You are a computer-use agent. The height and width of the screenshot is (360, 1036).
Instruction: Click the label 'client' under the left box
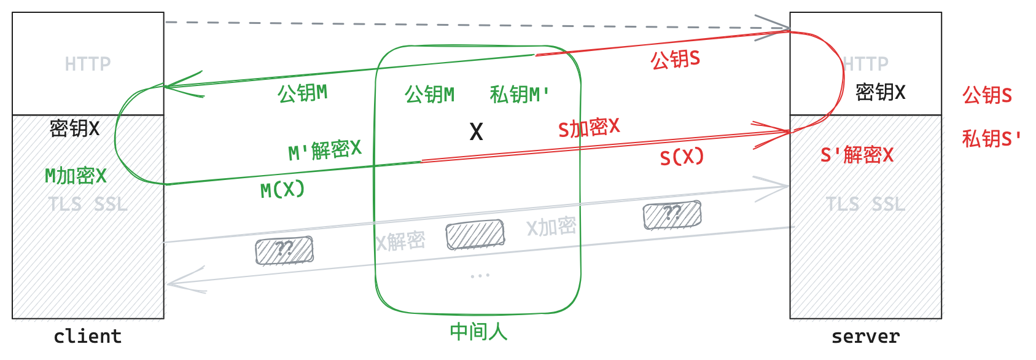point(88,337)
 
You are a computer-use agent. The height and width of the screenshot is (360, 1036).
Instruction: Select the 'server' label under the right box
point(865,337)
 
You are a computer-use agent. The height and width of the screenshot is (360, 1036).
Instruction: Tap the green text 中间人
point(478,332)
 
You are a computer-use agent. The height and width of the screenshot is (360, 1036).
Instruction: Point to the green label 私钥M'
point(519,95)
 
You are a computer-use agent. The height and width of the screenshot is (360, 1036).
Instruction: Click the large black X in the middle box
point(476,131)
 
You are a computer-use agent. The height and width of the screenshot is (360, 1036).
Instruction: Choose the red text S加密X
point(588,128)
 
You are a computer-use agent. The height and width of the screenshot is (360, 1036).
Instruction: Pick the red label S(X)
point(682,157)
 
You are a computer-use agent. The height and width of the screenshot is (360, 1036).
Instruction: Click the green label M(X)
point(282,190)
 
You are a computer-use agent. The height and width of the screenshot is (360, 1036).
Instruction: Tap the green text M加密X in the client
point(76,176)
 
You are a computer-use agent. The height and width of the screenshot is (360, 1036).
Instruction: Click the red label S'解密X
point(857,155)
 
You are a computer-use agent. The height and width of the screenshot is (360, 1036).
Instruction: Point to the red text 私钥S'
point(991,139)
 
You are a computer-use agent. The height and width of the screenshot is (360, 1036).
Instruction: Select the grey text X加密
point(551,227)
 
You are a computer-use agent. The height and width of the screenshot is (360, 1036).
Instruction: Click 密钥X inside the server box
point(880,93)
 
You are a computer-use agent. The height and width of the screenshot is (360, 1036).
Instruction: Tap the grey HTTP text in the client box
point(88,64)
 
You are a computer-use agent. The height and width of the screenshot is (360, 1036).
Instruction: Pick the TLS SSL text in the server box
point(865,204)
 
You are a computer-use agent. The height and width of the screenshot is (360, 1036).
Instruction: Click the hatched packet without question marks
point(475,235)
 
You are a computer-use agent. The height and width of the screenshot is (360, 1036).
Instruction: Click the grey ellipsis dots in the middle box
point(480,276)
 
